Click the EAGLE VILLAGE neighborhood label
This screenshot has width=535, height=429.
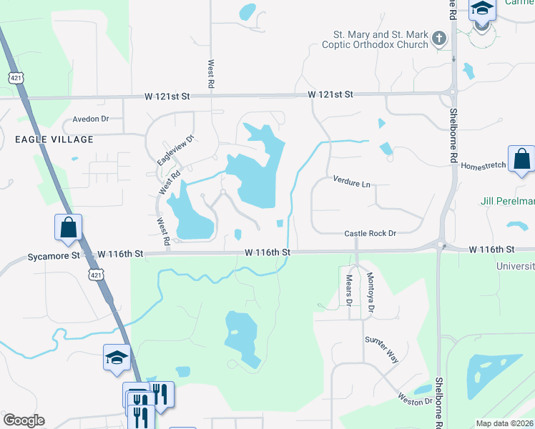point(54,139)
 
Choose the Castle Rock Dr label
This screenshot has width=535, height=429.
point(370,234)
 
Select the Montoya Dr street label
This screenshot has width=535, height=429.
point(370,293)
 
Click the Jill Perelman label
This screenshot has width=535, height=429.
point(506,202)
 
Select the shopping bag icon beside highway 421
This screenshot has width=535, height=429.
point(68,227)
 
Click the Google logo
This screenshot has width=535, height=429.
point(24,420)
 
